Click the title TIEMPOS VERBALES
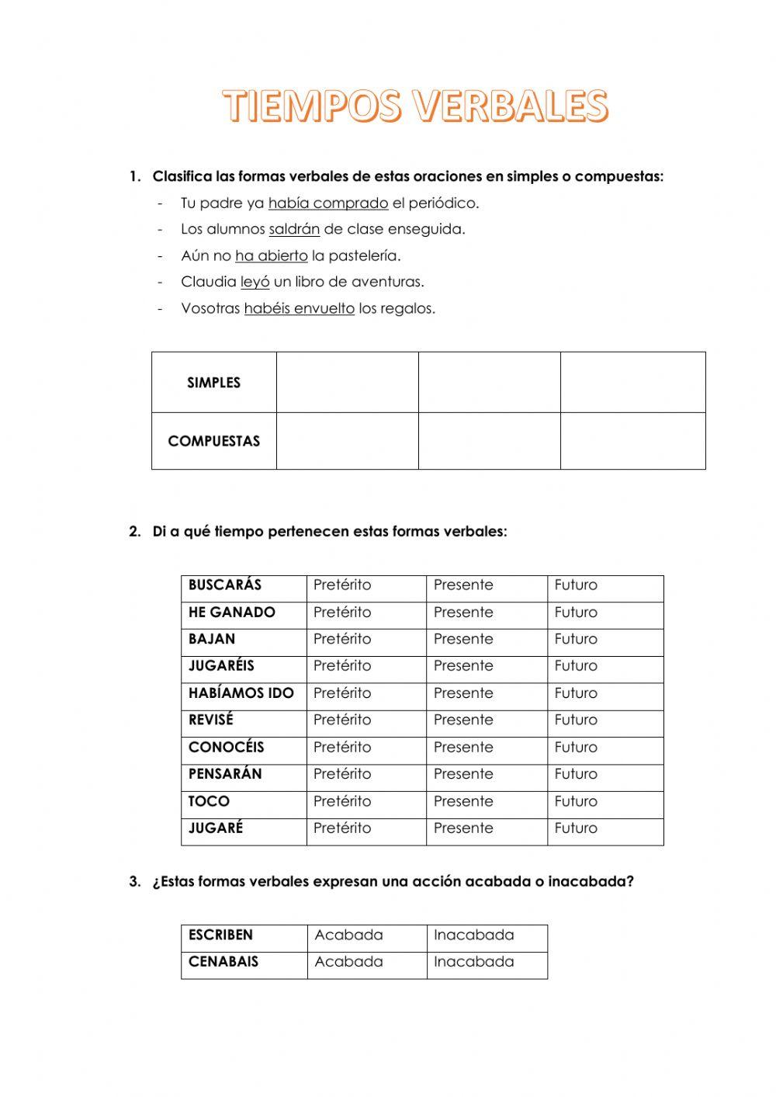pos(416,106)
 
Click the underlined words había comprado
pos(327,203)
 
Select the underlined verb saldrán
pos(294,230)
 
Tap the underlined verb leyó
pos(255,282)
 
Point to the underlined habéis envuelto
pos(299,309)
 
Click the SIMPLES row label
pos(213,383)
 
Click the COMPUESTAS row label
pos(213,441)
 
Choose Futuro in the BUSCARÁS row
pos(576,585)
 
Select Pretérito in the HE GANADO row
pos(342,613)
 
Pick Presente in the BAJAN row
pos(463,639)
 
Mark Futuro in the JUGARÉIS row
pos(576,666)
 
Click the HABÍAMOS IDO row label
pos(241,693)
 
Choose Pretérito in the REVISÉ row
pos(342,720)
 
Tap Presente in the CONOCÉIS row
pos(463,748)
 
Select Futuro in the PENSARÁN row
pos(576,774)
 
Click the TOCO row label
pos(209,801)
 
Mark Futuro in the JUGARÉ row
pos(576,828)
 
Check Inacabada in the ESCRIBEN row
pos(473,936)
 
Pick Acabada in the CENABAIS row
pos(348,962)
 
